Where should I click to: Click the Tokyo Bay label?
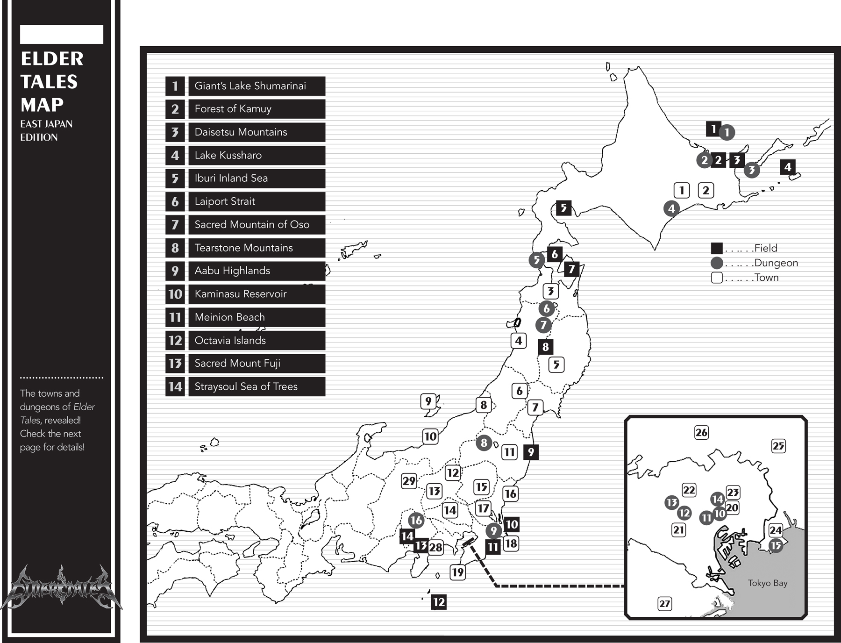click(767, 583)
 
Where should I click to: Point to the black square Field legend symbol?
click(717, 248)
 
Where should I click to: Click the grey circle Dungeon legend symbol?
click(717, 263)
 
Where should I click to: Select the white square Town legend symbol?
click(717, 278)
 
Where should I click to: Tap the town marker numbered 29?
click(409, 481)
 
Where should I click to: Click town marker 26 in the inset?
click(701, 432)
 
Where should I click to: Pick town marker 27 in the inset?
click(664, 604)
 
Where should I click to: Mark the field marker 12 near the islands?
click(438, 602)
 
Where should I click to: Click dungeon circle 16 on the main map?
click(416, 520)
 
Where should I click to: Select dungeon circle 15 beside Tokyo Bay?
click(776, 545)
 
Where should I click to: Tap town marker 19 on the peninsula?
click(457, 572)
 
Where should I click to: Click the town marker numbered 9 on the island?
click(428, 401)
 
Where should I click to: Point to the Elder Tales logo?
click(61, 588)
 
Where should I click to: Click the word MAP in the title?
click(42, 105)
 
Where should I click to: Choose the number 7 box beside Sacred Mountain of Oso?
click(175, 225)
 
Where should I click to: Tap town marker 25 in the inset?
click(778, 446)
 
